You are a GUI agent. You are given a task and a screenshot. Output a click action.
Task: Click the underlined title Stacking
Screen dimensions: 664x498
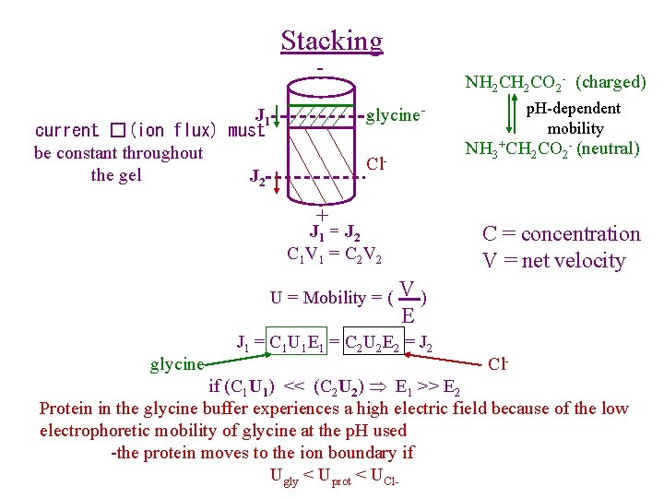tap(331, 41)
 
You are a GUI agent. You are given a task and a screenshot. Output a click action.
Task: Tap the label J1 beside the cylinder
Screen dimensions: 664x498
tap(264, 115)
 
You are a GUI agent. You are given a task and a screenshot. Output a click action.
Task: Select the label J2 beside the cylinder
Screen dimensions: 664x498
tap(258, 176)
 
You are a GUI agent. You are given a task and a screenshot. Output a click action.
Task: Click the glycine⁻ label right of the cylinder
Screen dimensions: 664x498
tap(396, 115)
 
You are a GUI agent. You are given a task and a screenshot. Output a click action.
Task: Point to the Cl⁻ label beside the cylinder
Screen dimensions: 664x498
tap(374, 165)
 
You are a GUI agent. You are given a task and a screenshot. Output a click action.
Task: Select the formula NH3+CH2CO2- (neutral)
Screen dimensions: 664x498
tap(551, 148)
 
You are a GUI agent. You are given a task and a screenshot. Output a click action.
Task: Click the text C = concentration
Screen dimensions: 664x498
tap(561, 234)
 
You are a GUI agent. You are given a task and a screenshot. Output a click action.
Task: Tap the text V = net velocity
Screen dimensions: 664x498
tap(553, 261)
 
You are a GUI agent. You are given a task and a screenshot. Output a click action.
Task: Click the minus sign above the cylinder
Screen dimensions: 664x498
tap(319, 69)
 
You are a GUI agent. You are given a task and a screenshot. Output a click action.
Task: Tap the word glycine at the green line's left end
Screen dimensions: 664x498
tap(177, 365)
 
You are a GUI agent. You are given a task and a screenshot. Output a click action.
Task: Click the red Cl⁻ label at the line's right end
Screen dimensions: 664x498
tap(498, 363)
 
